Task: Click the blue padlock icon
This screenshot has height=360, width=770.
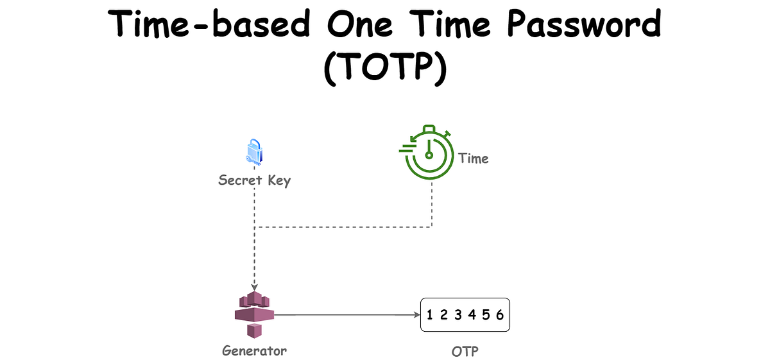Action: pyautogui.click(x=254, y=152)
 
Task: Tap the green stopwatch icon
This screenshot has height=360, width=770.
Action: pyautogui.click(x=427, y=152)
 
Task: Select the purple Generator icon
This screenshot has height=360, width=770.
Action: pyautogui.click(x=254, y=314)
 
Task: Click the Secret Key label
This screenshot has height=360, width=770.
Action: pyautogui.click(x=254, y=180)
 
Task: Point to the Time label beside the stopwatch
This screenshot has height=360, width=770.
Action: pyautogui.click(x=474, y=159)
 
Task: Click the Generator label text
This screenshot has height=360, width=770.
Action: pyautogui.click(x=254, y=351)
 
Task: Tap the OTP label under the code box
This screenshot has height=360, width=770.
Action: pyautogui.click(x=465, y=352)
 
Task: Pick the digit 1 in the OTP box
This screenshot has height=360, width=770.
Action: pyautogui.click(x=429, y=314)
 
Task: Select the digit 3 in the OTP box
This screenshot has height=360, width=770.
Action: pyautogui.click(x=458, y=314)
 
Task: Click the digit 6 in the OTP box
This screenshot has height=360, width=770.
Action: pyautogui.click(x=500, y=314)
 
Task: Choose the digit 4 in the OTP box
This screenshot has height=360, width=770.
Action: pyautogui.click(x=472, y=314)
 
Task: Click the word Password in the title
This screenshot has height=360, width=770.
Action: pyautogui.click(x=585, y=23)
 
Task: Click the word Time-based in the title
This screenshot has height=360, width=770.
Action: pyautogui.click(x=209, y=23)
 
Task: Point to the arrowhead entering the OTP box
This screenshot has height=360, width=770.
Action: pyautogui.click(x=417, y=314)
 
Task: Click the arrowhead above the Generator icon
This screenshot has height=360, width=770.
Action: pyautogui.click(x=254, y=287)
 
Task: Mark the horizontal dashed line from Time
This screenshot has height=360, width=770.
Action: pyautogui.click(x=343, y=227)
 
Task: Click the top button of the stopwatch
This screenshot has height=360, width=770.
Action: pyautogui.click(x=429, y=128)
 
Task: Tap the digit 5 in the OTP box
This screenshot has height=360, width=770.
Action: pyautogui.click(x=486, y=314)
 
